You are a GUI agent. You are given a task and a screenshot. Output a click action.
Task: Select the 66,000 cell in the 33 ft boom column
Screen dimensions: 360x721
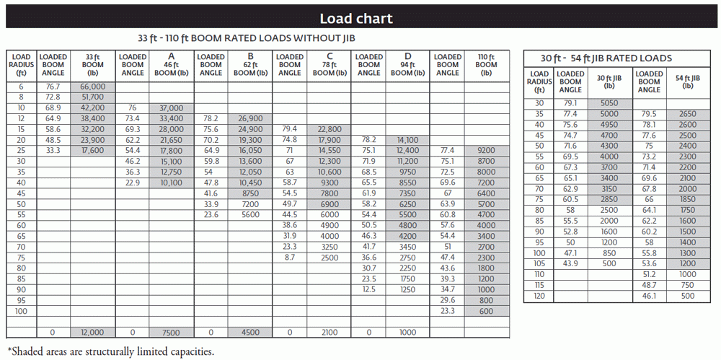click(x=92, y=86)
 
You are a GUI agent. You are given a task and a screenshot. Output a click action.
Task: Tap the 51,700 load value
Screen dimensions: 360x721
click(x=92, y=97)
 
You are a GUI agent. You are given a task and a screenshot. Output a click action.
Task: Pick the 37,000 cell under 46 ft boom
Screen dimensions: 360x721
click(x=171, y=107)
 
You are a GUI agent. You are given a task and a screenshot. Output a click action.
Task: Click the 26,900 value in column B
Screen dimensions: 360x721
click(x=249, y=118)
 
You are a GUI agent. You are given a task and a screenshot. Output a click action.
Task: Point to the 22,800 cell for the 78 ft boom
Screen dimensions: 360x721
click(x=329, y=129)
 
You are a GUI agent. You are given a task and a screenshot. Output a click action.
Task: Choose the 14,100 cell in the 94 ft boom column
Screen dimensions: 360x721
click(x=407, y=140)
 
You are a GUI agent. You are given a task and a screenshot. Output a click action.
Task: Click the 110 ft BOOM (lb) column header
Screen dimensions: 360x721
click(x=487, y=64)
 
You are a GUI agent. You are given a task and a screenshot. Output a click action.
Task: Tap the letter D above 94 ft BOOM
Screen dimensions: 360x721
click(x=407, y=56)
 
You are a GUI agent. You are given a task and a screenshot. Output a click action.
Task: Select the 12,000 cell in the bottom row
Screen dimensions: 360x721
click(x=92, y=333)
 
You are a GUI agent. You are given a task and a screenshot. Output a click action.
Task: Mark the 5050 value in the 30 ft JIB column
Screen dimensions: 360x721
click(x=609, y=103)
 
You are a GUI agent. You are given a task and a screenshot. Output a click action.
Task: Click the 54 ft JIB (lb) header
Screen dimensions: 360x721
click(x=687, y=81)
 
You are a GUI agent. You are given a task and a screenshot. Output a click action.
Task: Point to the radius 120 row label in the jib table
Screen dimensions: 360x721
click(x=539, y=297)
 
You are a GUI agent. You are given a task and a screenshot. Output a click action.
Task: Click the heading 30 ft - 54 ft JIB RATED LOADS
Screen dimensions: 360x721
click(x=607, y=58)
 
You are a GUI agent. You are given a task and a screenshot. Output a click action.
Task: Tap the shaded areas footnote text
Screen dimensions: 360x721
click(x=110, y=351)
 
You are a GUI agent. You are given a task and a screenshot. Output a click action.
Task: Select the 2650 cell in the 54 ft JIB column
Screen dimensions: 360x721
click(x=687, y=114)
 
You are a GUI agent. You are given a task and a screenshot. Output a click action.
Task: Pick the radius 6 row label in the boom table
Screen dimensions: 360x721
click(x=22, y=86)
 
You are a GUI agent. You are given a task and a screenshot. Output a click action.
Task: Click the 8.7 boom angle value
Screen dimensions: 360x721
click(x=289, y=258)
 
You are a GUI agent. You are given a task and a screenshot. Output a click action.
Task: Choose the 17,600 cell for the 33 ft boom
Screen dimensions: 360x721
click(x=92, y=150)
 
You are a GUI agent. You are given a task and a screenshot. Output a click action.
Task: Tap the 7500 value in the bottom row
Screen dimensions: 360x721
click(x=171, y=333)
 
